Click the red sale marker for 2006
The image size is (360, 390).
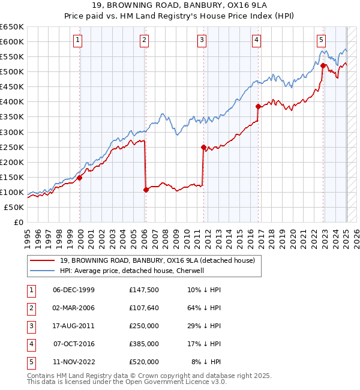(x=146, y=190)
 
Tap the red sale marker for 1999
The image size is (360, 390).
(x=80, y=178)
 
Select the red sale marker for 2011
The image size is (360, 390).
(x=203, y=147)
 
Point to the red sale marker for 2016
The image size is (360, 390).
(x=258, y=106)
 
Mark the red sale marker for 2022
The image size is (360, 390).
(x=323, y=66)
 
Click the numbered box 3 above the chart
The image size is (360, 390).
(x=202, y=40)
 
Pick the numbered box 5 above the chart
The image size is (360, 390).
(x=321, y=40)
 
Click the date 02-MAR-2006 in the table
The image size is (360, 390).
(x=73, y=308)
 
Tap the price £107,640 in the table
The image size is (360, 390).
(x=144, y=308)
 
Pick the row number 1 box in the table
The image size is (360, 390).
(x=29, y=290)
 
